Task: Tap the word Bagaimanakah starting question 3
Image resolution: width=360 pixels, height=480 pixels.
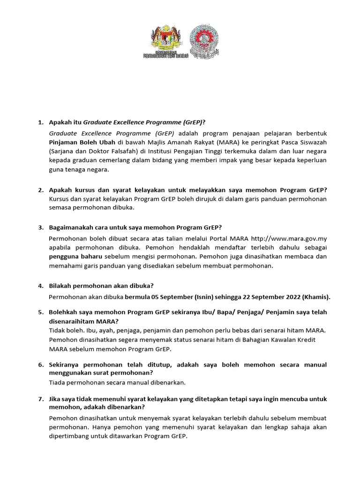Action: pos(72,227)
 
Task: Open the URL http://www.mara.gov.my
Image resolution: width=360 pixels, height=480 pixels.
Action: pos(289,239)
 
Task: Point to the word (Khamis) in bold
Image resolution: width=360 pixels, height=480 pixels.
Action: pos(316,297)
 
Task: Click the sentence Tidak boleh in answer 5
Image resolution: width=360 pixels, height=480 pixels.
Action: pos(65,330)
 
